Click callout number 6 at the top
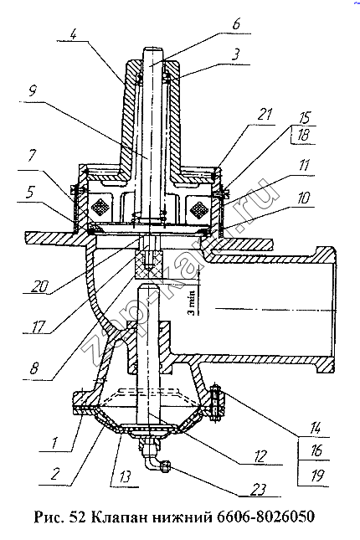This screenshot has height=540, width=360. click(236, 25)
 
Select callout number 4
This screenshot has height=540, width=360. click(74, 35)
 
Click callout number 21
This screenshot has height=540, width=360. click(265, 115)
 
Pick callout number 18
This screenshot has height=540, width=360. click(302, 135)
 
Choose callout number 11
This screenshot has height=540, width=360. click(304, 166)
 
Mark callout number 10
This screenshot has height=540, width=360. click(303, 198)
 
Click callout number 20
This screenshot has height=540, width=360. click(40, 285)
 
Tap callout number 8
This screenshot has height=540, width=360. click(33, 369)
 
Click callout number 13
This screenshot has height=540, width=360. click(125, 477)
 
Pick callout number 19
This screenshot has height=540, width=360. click(316, 476)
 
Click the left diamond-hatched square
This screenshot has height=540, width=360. click(100, 207)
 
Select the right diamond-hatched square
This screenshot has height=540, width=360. click(198, 208)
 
